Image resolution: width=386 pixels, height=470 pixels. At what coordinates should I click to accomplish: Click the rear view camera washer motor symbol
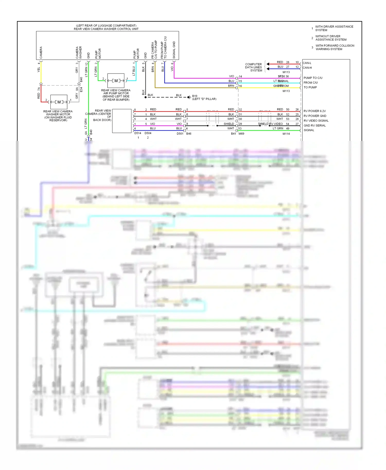[x=59, y=102]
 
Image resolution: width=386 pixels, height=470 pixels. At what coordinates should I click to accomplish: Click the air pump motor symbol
[x=116, y=81]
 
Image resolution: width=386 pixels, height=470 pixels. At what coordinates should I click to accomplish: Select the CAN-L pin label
[x=307, y=63]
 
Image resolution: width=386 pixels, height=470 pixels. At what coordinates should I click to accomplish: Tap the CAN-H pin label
[x=307, y=68]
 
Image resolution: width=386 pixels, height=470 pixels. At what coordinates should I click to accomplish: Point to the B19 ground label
[x=195, y=96]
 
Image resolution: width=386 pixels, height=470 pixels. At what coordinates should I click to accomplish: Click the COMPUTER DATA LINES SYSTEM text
[x=253, y=67]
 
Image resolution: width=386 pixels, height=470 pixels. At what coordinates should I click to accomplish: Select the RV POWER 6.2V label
[x=315, y=111]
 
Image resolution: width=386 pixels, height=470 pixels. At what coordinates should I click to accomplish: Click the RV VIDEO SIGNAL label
[x=316, y=121]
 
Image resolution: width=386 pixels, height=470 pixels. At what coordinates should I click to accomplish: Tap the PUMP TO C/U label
[x=313, y=78]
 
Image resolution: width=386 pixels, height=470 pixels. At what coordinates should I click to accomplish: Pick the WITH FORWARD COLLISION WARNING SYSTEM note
[x=335, y=47]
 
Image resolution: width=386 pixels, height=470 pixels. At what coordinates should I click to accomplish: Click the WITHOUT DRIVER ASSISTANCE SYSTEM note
[x=331, y=38]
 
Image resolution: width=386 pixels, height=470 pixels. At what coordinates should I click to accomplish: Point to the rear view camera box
[x=122, y=121]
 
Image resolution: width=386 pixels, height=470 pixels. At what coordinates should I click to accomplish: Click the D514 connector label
[x=138, y=133]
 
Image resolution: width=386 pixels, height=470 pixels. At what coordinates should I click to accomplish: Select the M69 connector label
[x=241, y=134]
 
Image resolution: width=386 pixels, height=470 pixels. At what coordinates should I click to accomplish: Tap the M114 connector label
[x=286, y=134]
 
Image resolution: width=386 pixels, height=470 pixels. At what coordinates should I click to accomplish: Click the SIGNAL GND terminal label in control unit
[x=174, y=50]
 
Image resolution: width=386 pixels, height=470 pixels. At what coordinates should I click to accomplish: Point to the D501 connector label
[x=180, y=134]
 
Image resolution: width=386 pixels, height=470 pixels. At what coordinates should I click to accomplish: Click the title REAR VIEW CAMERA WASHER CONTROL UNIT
[x=106, y=29]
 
